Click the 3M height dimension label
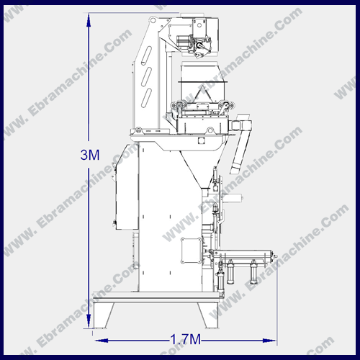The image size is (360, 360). click(x=90, y=155)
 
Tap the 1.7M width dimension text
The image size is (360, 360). click(x=185, y=340)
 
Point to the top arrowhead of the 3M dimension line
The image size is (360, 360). click(x=89, y=20)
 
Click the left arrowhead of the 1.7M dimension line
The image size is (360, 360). click(x=102, y=341)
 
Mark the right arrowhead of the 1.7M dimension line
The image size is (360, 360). click(x=269, y=341)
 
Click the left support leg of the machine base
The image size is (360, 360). click(x=103, y=315)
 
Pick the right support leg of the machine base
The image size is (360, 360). click(x=207, y=315)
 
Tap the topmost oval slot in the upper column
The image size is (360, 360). click(x=146, y=55)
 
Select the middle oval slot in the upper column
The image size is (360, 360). click(x=146, y=76)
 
